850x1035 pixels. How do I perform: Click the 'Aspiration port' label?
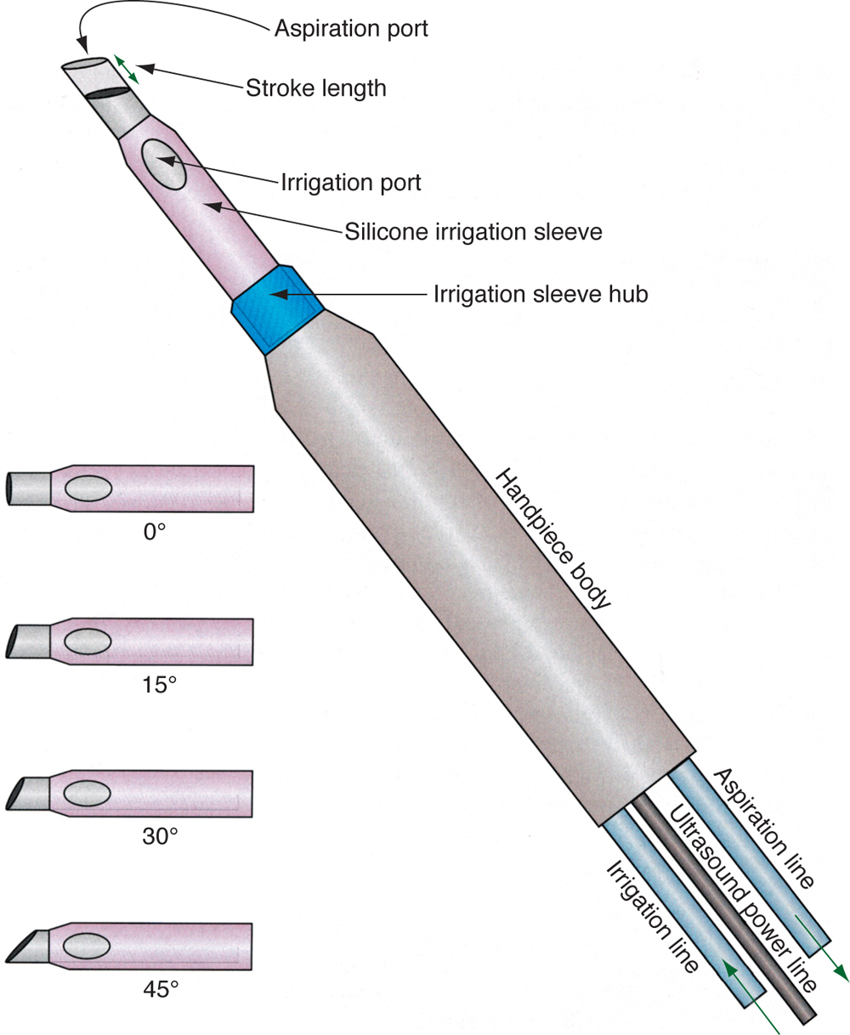click(x=350, y=29)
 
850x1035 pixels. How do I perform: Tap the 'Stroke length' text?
click(x=316, y=88)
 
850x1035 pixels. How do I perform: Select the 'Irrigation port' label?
click(x=350, y=183)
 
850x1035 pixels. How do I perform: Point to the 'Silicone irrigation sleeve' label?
click(x=473, y=231)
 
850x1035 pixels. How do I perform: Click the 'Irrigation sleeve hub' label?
click(x=541, y=295)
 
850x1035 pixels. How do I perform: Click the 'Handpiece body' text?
click(x=553, y=539)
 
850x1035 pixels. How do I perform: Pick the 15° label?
click(x=159, y=684)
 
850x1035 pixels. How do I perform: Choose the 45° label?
click(x=160, y=989)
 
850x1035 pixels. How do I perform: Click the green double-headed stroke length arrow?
click(x=127, y=69)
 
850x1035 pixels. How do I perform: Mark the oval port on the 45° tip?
click(x=87, y=945)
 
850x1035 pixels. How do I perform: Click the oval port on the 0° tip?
click(x=88, y=489)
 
